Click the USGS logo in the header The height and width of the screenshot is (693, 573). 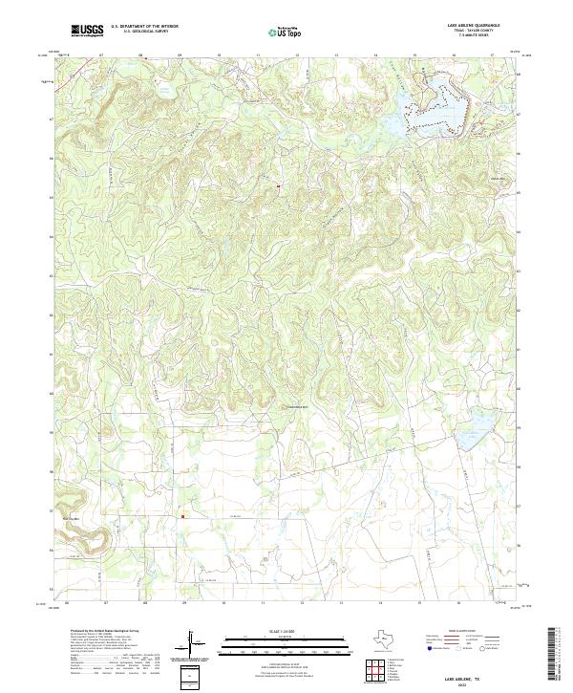tap(89, 32)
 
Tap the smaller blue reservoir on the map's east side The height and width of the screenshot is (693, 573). tap(467, 440)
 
